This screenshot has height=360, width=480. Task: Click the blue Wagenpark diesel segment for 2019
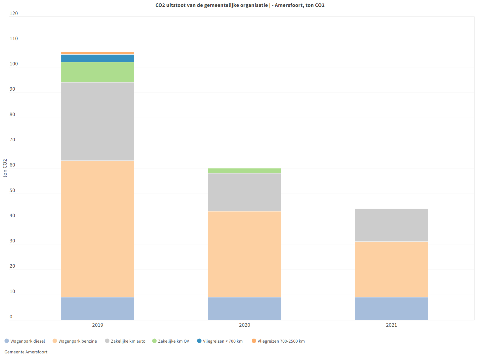[97, 308]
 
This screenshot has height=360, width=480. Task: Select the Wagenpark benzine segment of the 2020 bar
[244, 254]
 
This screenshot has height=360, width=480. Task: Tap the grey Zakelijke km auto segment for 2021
[391, 225]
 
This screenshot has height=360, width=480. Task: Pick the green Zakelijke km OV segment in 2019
[97, 72]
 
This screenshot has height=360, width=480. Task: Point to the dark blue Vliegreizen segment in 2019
[97, 58]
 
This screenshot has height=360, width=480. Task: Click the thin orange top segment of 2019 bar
[97, 53]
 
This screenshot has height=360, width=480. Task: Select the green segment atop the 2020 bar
[244, 171]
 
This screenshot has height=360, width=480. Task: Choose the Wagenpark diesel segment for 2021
[391, 308]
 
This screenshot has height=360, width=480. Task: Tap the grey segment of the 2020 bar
[244, 192]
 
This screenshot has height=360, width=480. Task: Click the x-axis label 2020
[244, 325]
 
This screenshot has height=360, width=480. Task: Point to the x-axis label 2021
[391, 325]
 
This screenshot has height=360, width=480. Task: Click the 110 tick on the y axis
[14, 38]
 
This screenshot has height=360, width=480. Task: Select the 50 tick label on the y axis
[12, 190]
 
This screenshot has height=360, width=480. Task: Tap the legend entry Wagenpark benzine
[77, 341]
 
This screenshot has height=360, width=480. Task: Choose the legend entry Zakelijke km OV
[173, 341]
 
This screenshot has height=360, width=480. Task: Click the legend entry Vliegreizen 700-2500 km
[281, 341]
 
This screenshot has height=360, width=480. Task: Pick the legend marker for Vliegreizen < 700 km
[199, 341]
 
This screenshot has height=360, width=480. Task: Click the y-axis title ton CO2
[5, 168]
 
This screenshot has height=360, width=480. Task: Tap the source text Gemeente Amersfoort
[26, 352]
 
